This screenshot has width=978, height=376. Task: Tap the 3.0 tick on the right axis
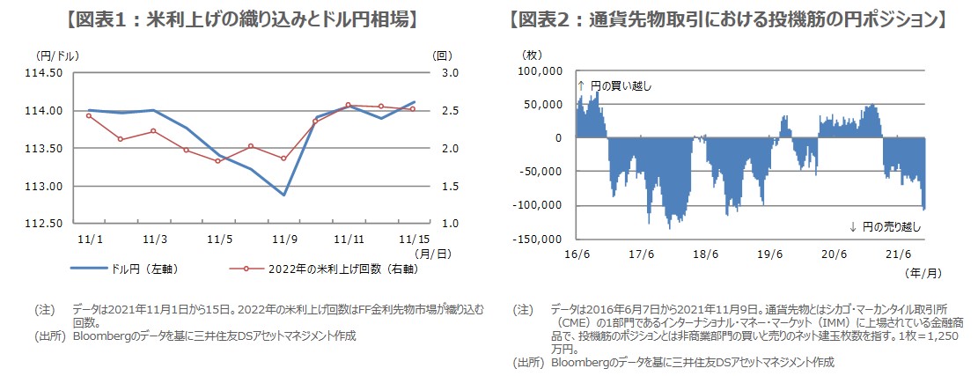(x=442, y=73)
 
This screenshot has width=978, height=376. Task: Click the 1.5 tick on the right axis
(x=442, y=187)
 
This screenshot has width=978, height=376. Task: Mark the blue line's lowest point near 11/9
(x=284, y=195)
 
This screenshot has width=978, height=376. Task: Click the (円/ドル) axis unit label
(x=59, y=55)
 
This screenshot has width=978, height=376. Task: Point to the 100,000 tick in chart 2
(x=542, y=71)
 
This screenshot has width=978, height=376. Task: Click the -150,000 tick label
(x=539, y=239)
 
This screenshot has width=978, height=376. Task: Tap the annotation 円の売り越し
(x=891, y=226)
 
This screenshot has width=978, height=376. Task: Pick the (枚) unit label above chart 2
(x=533, y=55)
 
